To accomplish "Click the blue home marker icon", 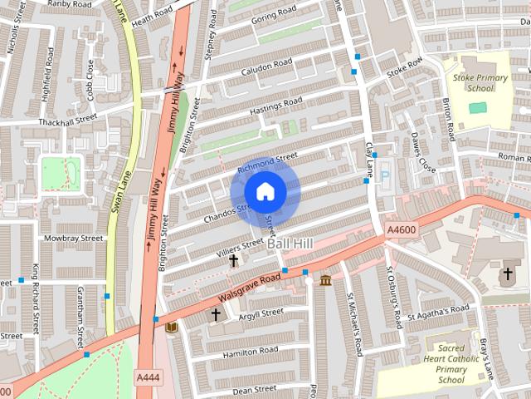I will (x=265, y=192).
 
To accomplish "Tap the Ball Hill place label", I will (x=290, y=247).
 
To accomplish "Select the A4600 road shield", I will (x=404, y=229).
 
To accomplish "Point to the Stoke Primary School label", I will (x=473, y=82).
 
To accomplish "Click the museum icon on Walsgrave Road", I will (x=325, y=279).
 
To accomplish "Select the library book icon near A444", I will (x=171, y=328).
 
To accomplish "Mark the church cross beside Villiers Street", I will (x=234, y=261).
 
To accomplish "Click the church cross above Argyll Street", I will (x=216, y=314).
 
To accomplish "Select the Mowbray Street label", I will (x=76, y=238).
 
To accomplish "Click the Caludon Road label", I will (x=267, y=66).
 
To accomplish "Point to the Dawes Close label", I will (x=422, y=153).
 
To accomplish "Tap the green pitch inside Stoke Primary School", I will (x=477, y=107).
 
